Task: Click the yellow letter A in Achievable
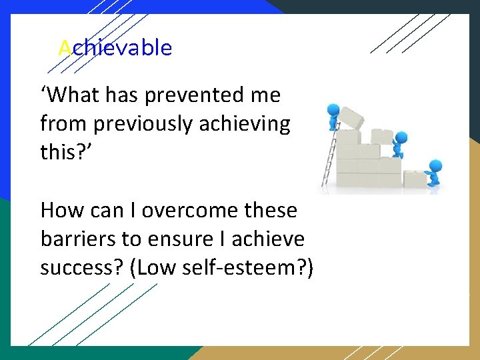point(65,48)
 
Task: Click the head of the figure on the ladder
point(331,109)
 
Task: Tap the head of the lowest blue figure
point(435,165)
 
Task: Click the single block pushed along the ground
point(414,178)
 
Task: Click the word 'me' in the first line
point(266,95)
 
